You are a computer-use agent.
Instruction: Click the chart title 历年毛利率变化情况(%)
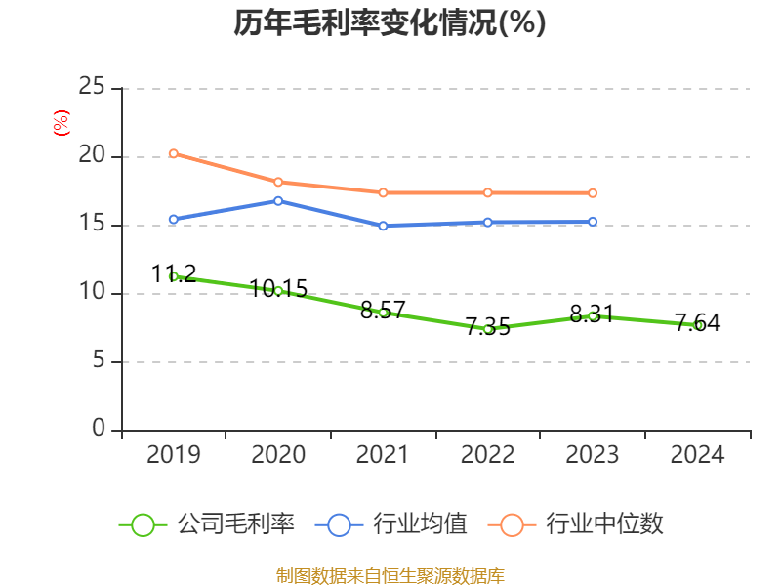click(390, 23)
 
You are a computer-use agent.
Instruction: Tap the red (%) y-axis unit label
click(62, 124)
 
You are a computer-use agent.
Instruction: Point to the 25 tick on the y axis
click(92, 88)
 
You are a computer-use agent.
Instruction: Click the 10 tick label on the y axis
click(92, 293)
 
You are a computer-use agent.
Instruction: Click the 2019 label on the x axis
click(174, 455)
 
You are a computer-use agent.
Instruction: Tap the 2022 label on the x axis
click(487, 455)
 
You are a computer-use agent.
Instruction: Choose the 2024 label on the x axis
click(697, 455)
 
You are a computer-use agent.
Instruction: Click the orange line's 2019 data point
click(174, 153)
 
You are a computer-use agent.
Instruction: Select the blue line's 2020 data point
click(278, 201)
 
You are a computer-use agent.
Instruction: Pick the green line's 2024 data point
click(697, 325)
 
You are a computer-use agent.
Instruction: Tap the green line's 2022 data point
click(487, 329)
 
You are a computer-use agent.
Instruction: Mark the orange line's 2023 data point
click(593, 193)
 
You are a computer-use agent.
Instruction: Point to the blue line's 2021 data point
click(383, 226)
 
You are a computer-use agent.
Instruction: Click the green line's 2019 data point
click(174, 276)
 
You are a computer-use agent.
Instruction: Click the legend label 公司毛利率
click(235, 524)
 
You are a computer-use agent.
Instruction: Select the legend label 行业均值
click(421, 524)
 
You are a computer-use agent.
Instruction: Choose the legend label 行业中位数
click(605, 524)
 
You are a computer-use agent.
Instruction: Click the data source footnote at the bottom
click(390, 575)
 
